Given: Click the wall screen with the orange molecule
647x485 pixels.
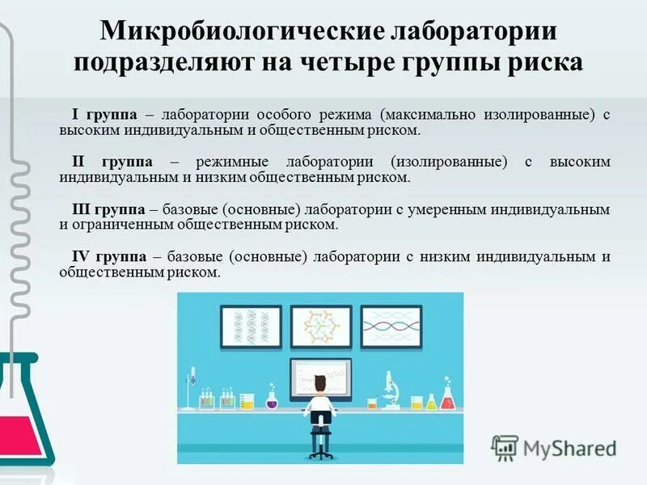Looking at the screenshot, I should click(x=321, y=327).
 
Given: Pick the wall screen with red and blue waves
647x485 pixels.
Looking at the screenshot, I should click(x=391, y=327).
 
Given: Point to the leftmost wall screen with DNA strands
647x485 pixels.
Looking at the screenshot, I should click(x=252, y=327).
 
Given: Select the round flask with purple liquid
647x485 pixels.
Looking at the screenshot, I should click(x=271, y=399).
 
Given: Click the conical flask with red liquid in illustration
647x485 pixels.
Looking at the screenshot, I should click(x=447, y=399).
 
